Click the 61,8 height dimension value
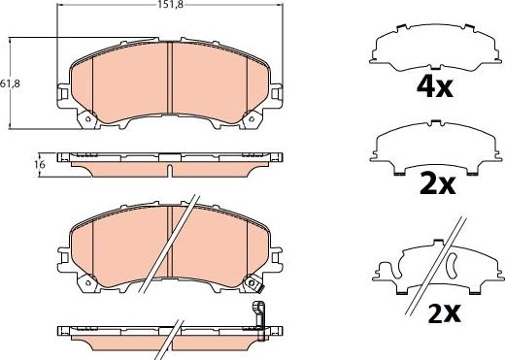[x=10, y=83]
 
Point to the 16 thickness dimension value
[x=40, y=165]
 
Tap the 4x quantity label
[x=434, y=87]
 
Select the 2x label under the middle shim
[x=438, y=184]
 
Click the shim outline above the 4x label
[x=435, y=47]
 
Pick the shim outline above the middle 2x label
[x=435, y=147]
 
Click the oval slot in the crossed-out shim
[x=452, y=262]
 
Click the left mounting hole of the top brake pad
[x=87, y=119]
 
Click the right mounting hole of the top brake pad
[x=252, y=119]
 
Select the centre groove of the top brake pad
[x=170, y=78]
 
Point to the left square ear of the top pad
[x=63, y=93]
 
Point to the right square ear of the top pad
[x=276, y=93]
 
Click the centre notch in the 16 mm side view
[x=170, y=171]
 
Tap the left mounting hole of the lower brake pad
[x=87, y=282]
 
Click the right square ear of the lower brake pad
[x=276, y=257]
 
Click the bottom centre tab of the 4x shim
[x=435, y=68]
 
